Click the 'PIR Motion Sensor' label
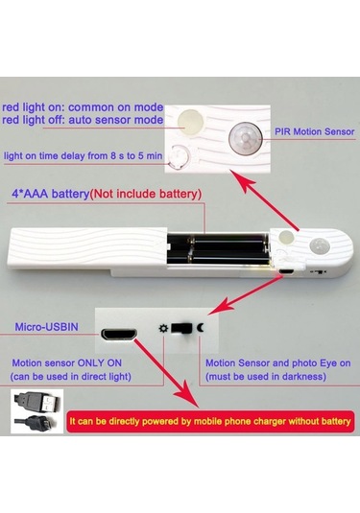pyautogui.click(x=315, y=132)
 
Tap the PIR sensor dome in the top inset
pyautogui.click(x=246, y=138)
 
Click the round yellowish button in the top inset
pyautogui.click(x=191, y=123)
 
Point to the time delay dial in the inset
pyautogui.click(x=179, y=157)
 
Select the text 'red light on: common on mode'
pyautogui.click(x=83, y=107)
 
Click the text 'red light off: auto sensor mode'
pyautogui.click(x=83, y=120)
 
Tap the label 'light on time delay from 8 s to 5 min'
pyautogui.click(x=84, y=155)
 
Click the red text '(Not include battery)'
pyautogui.click(x=146, y=194)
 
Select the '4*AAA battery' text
pyautogui.click(x=50, y=194)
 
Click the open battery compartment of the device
pyautogui.click(x=219, y=248)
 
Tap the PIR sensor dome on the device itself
pyautogui.click(x=319, y=246)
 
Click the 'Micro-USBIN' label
pyautogui.click(x=46, y=327)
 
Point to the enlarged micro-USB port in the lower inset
pyautogui.click(x=119, y=335)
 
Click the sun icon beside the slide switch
pyautogui.click(x=163, y=328)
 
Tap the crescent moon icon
pyautogui.click(x=201, y=327)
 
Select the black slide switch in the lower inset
pyautogui.click(x=181, y=328)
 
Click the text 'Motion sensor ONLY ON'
pyautogui.click(x=67, y=362)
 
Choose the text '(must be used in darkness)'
pyautogui.click(x=266, y=377)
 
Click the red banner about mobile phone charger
pyautogui.click(x=210, y=421)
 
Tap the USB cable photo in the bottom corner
pyautogui.click(x=36, y=411)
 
